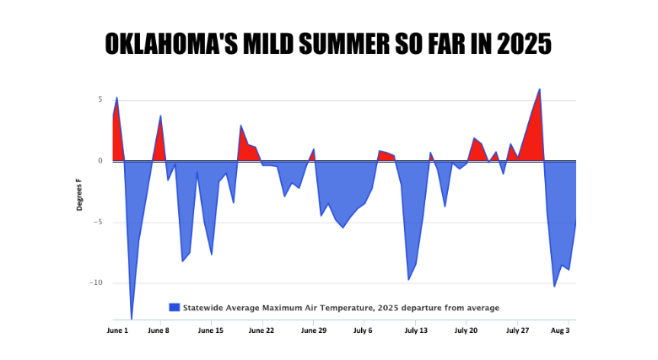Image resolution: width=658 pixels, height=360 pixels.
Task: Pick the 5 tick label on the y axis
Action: (x=100, y=99)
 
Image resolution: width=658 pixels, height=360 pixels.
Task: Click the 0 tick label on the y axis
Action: (x=100, y=160)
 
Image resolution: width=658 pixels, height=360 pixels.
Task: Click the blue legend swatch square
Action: (x=175, y=308)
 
